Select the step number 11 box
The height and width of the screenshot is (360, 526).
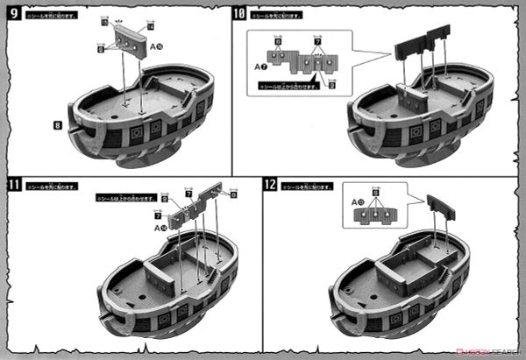(12, 186)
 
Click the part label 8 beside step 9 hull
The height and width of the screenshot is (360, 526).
(57, 126)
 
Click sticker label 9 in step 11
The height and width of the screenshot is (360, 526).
(165, 199)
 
